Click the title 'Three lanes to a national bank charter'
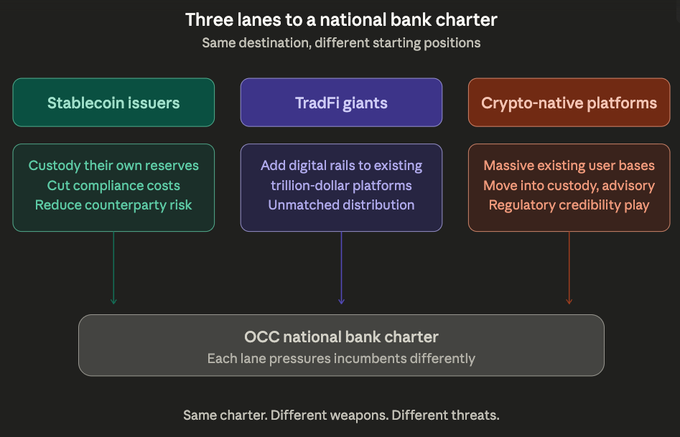point(341,19)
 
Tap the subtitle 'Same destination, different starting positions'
point(341,42)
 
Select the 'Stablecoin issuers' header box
point(113,103)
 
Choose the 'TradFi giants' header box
point(341,103)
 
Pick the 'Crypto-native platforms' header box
point(569,103)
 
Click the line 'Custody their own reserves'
point(113,166)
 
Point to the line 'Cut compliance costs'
point(113,185)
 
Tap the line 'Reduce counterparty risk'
point(113,205)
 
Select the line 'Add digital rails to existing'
point(341,166)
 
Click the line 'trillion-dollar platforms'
point(341,185)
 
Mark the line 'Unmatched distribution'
point(341,205)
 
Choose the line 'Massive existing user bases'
point(569,166)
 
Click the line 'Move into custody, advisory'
point(569,185)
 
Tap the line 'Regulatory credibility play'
point(569,205)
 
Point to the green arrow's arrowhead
point(113,301)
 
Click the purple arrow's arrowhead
point(341,301)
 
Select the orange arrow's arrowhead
point(569,301)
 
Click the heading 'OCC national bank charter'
point(341,337)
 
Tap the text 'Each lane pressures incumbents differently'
point(341,358)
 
